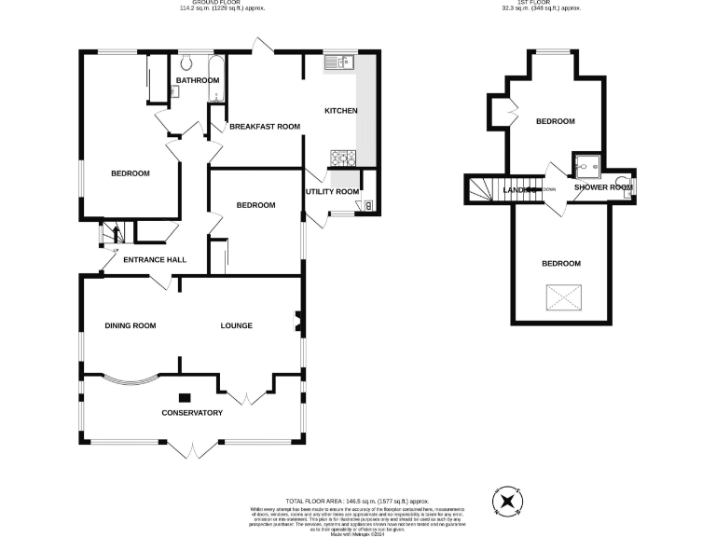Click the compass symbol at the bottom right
point(507,502)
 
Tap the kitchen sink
point(337,62)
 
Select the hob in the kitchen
point(337,157)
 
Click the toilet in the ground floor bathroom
point(187,63)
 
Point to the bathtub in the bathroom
point(214,79)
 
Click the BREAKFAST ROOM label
point(265,126)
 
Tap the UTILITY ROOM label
point(332,192)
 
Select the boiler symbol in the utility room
point(368,205)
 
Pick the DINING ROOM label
point(130,325)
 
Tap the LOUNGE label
point(237,325)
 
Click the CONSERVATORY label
point(191,412)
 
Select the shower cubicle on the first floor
point(587,166)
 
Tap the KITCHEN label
point(340,111)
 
